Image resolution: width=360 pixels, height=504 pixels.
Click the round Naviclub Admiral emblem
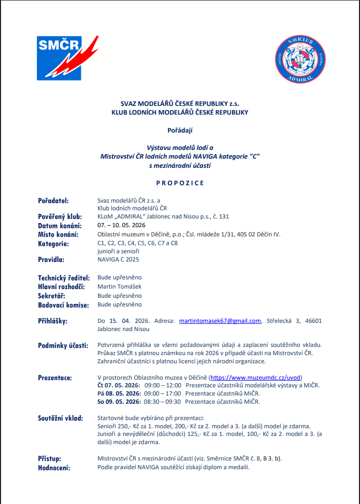pyautogui.click(x=300, y=58)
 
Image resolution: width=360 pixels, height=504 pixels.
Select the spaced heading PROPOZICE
pyautogui.click(x=180, y=183)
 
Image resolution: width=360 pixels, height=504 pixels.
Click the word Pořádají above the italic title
pyautogui.click(x=180, y=130)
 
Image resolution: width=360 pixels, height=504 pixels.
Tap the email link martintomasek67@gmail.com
pyautogui.click(x=220, y=321)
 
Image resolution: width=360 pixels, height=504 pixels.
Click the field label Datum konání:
pyautogui.click(x=60, y=226)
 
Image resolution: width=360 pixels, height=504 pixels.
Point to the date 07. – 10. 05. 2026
pyautogui.click(x=121, y=226)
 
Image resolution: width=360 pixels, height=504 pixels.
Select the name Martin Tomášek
pyautogui.click(x=119, y=287)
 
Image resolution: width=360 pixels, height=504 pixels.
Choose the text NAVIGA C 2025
pyautogui.click(x=118, y=259)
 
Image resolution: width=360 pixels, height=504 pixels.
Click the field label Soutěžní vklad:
pyautogui.click(x=60, y=418)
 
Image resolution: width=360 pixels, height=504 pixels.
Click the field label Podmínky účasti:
pyautogui.click(x=62, y=345)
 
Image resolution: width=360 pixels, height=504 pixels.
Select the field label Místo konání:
pyautogui.click(x=58, y=234)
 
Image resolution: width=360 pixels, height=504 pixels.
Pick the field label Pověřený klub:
pyautogui.click(x=60, y=216)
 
